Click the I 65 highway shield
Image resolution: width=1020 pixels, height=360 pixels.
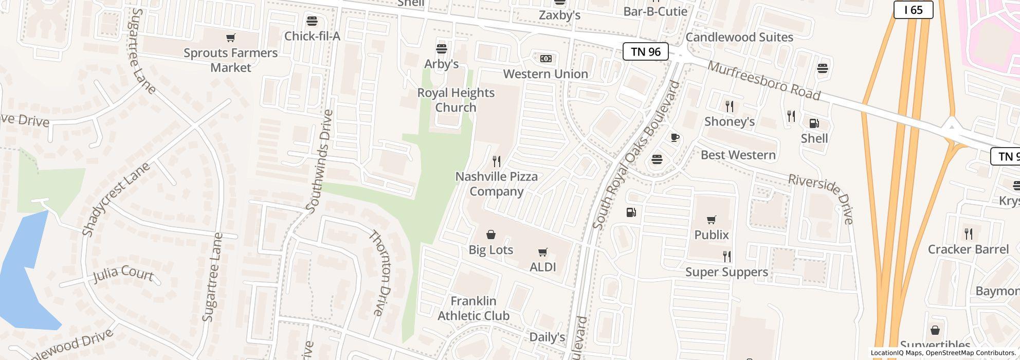[x=913, y=10]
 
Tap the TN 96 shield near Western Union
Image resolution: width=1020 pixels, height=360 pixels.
[x=645, y=51]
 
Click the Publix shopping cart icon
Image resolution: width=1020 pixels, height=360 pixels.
[x=711, y=220]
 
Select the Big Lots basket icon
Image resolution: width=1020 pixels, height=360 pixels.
[x=491, y=235]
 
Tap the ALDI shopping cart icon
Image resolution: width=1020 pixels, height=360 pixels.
[x=542, y=252]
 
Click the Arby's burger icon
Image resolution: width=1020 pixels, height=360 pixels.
[x=441, y=49]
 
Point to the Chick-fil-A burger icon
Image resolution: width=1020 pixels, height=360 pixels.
[x=312, y=21]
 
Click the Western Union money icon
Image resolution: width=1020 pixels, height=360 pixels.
[x=545, y=59]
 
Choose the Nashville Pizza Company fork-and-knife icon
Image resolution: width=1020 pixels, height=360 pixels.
[x=496, y=161]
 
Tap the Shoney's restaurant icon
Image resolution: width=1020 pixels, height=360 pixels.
[x=729, y=106]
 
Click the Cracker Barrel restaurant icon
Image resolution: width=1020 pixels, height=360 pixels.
[x=968, y=234]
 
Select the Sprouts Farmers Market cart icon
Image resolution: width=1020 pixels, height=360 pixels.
[x=231, y=38]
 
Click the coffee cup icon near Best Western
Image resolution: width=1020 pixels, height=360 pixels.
[x=675, y=137]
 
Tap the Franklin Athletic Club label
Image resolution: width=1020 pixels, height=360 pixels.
[x=473, y=308]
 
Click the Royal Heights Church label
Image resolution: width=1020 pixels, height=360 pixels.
[x=456, y=100]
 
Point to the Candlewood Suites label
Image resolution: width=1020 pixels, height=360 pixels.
[x=739, y=37]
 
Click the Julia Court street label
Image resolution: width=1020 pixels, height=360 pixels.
[x=123, y=274]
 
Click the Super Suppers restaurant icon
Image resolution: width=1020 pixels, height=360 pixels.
[x=726, y=256]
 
